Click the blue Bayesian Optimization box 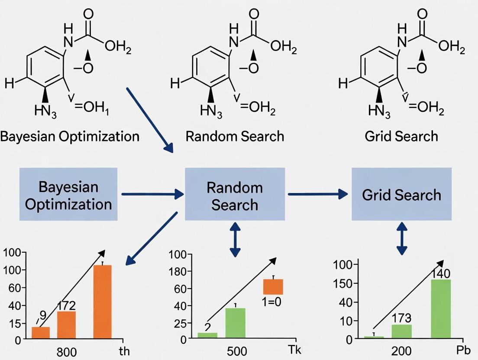tap(68, 195)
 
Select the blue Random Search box tap(235, 195)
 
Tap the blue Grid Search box tap(401, 195)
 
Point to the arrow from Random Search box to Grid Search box tap(318, 194)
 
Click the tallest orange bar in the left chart tap(103, 302)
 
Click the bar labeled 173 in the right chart tap(402, 331)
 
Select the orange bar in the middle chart tap(273, 286)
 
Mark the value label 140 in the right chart tap(441, 273)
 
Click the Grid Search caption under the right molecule tap(401, 136)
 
